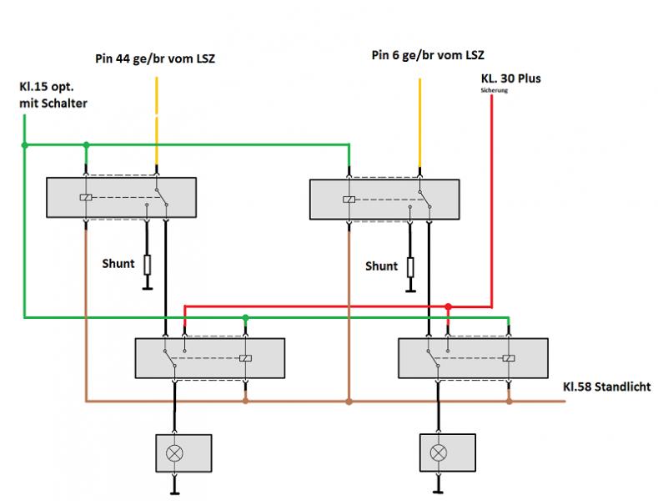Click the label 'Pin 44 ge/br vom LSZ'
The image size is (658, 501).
pos(154,59)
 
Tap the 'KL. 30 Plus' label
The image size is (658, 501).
pos(511,78)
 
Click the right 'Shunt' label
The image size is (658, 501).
pos(381,266)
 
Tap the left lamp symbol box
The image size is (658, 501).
pos(174,453)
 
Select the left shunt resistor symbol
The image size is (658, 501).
pos(147,265)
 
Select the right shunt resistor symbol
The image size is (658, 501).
pos(410,266)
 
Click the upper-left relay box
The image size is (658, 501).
pos(120,199)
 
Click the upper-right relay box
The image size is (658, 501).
pos(384,200)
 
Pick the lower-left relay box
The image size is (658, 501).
pos(209,358)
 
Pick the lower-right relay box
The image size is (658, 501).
pos(473,358)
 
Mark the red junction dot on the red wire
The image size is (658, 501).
pos(448,307)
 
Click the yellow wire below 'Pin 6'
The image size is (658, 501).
pos(419,113)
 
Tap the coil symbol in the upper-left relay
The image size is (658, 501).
pos(86,198)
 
